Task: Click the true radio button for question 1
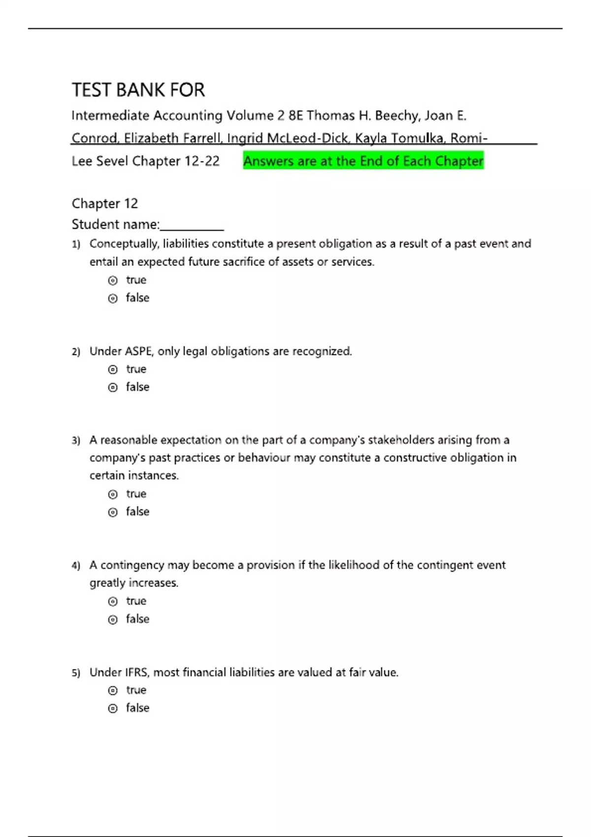[x=113, y=281]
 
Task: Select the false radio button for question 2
[x=113, y=387]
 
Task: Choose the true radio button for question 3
[x=113, y=494]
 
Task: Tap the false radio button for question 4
[x=113, y=619]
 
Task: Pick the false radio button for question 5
[x=113, y=708]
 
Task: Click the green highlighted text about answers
[x=363, y=161]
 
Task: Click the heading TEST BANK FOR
[x=138, y=90]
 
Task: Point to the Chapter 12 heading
[x=104, y=203]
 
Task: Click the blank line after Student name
[x=192, y=225]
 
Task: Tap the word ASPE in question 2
[x=138, y=352]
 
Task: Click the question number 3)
[x=76, y=441]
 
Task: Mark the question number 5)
[x=76, y=673]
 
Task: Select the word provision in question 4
[x=270, y=565]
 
